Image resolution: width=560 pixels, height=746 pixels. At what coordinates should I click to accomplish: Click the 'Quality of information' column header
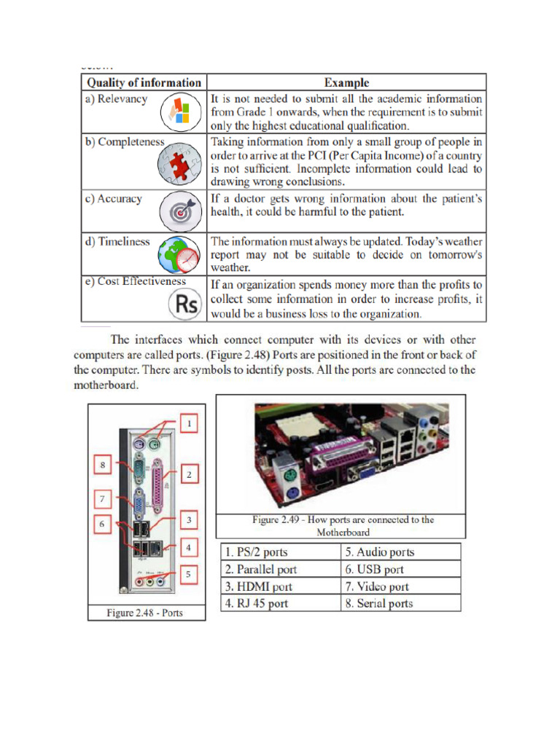[143, 83]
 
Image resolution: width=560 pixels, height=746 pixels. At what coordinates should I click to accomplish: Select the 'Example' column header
[346, 83]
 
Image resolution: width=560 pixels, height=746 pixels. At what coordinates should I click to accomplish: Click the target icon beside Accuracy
[181, 211]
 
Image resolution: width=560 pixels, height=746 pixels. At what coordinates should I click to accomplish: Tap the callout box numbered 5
[188, 575]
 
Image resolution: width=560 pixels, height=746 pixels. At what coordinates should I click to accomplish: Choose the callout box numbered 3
[188, 520]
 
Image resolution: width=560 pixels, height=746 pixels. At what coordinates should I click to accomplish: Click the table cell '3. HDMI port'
[280, 586]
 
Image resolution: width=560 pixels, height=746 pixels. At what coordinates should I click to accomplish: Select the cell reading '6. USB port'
[401, 570]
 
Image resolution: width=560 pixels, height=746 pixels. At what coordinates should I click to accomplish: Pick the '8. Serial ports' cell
[401, 603]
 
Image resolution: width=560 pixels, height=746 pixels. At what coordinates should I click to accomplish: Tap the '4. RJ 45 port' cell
[280, 603]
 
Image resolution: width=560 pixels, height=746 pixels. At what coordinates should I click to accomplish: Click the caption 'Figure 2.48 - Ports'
[145, 613]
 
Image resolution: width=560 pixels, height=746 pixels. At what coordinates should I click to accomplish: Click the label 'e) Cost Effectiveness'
[142, 281]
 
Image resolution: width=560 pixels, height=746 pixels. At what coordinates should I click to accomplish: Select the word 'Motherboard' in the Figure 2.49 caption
[343, 532]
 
